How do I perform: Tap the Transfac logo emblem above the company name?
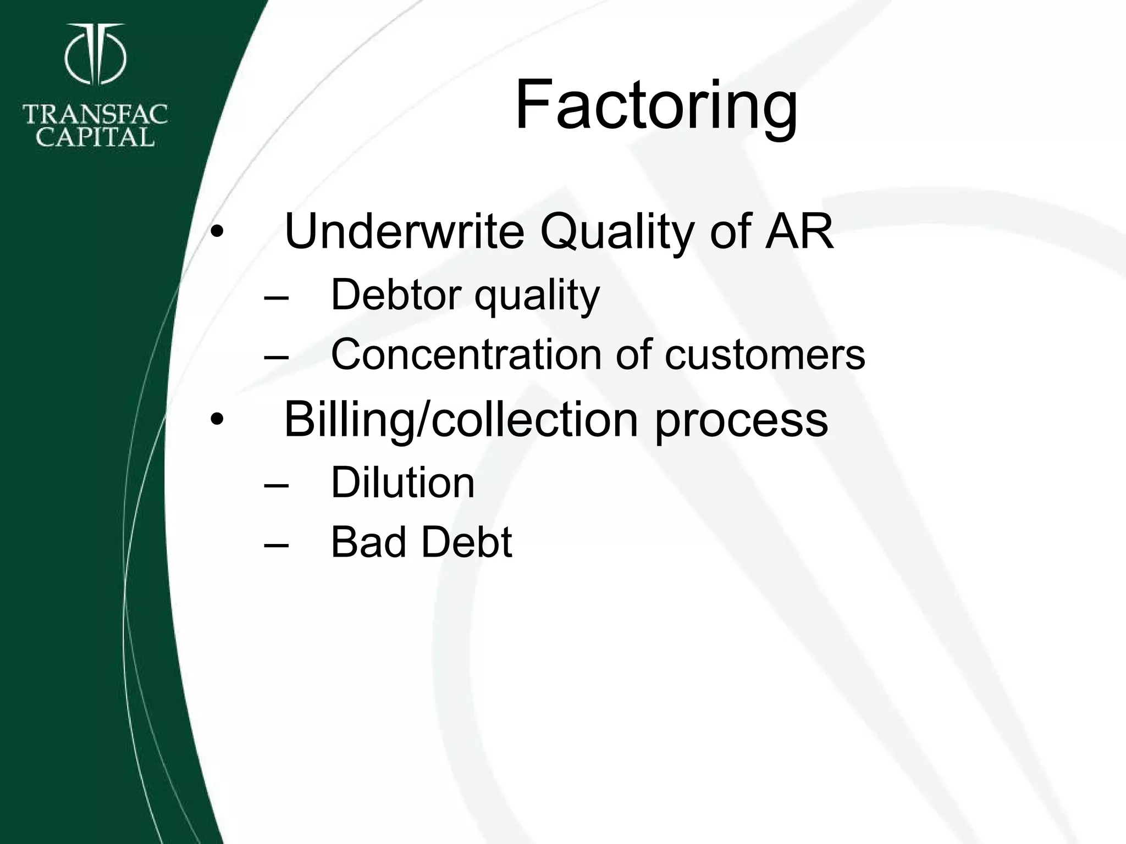click(x=96, y=55)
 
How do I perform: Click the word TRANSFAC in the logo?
click(x=95, y=115)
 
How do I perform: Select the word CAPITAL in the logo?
click(x=95, y=137)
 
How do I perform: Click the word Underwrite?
click(x=404, y=231)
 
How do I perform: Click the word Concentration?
click(x=466, y=354)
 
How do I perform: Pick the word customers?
click(x=765, y=355)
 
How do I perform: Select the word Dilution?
click(x=402, y=482)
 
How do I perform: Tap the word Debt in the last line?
click(x=467, y=542)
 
